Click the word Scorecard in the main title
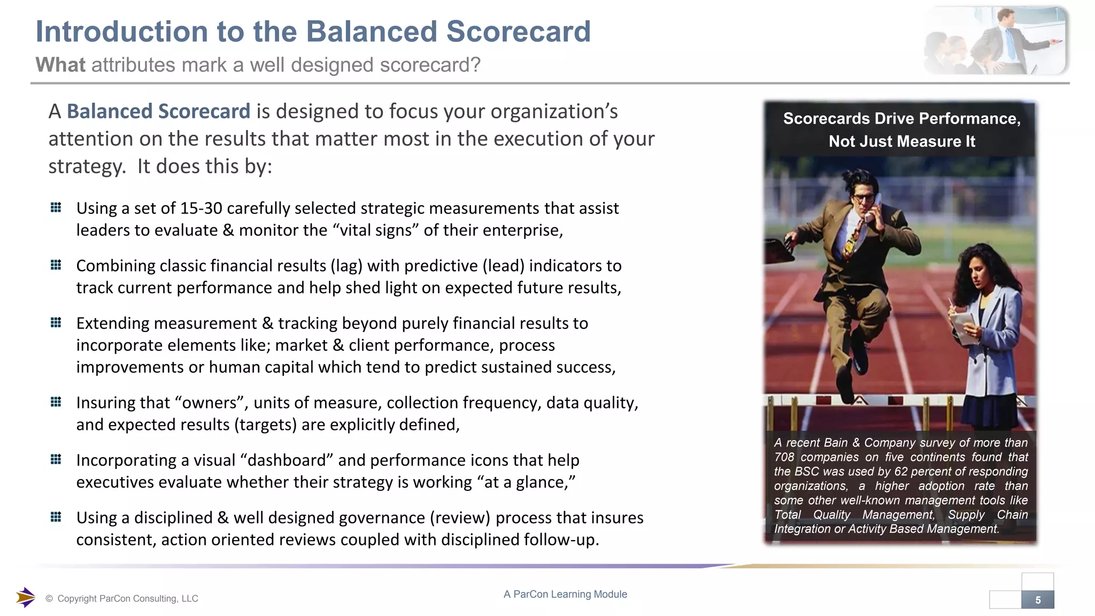point(518,32)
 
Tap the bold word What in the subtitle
point(60,65)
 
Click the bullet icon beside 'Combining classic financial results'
point(56,265)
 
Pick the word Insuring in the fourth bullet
point(107,403)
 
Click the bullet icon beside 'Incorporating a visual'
point(56,459)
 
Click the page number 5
point(1038,600)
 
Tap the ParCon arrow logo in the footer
point(25,597)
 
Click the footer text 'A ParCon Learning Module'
point(565,594)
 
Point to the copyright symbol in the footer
point(49,599)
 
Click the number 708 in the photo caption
point(784,457)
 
